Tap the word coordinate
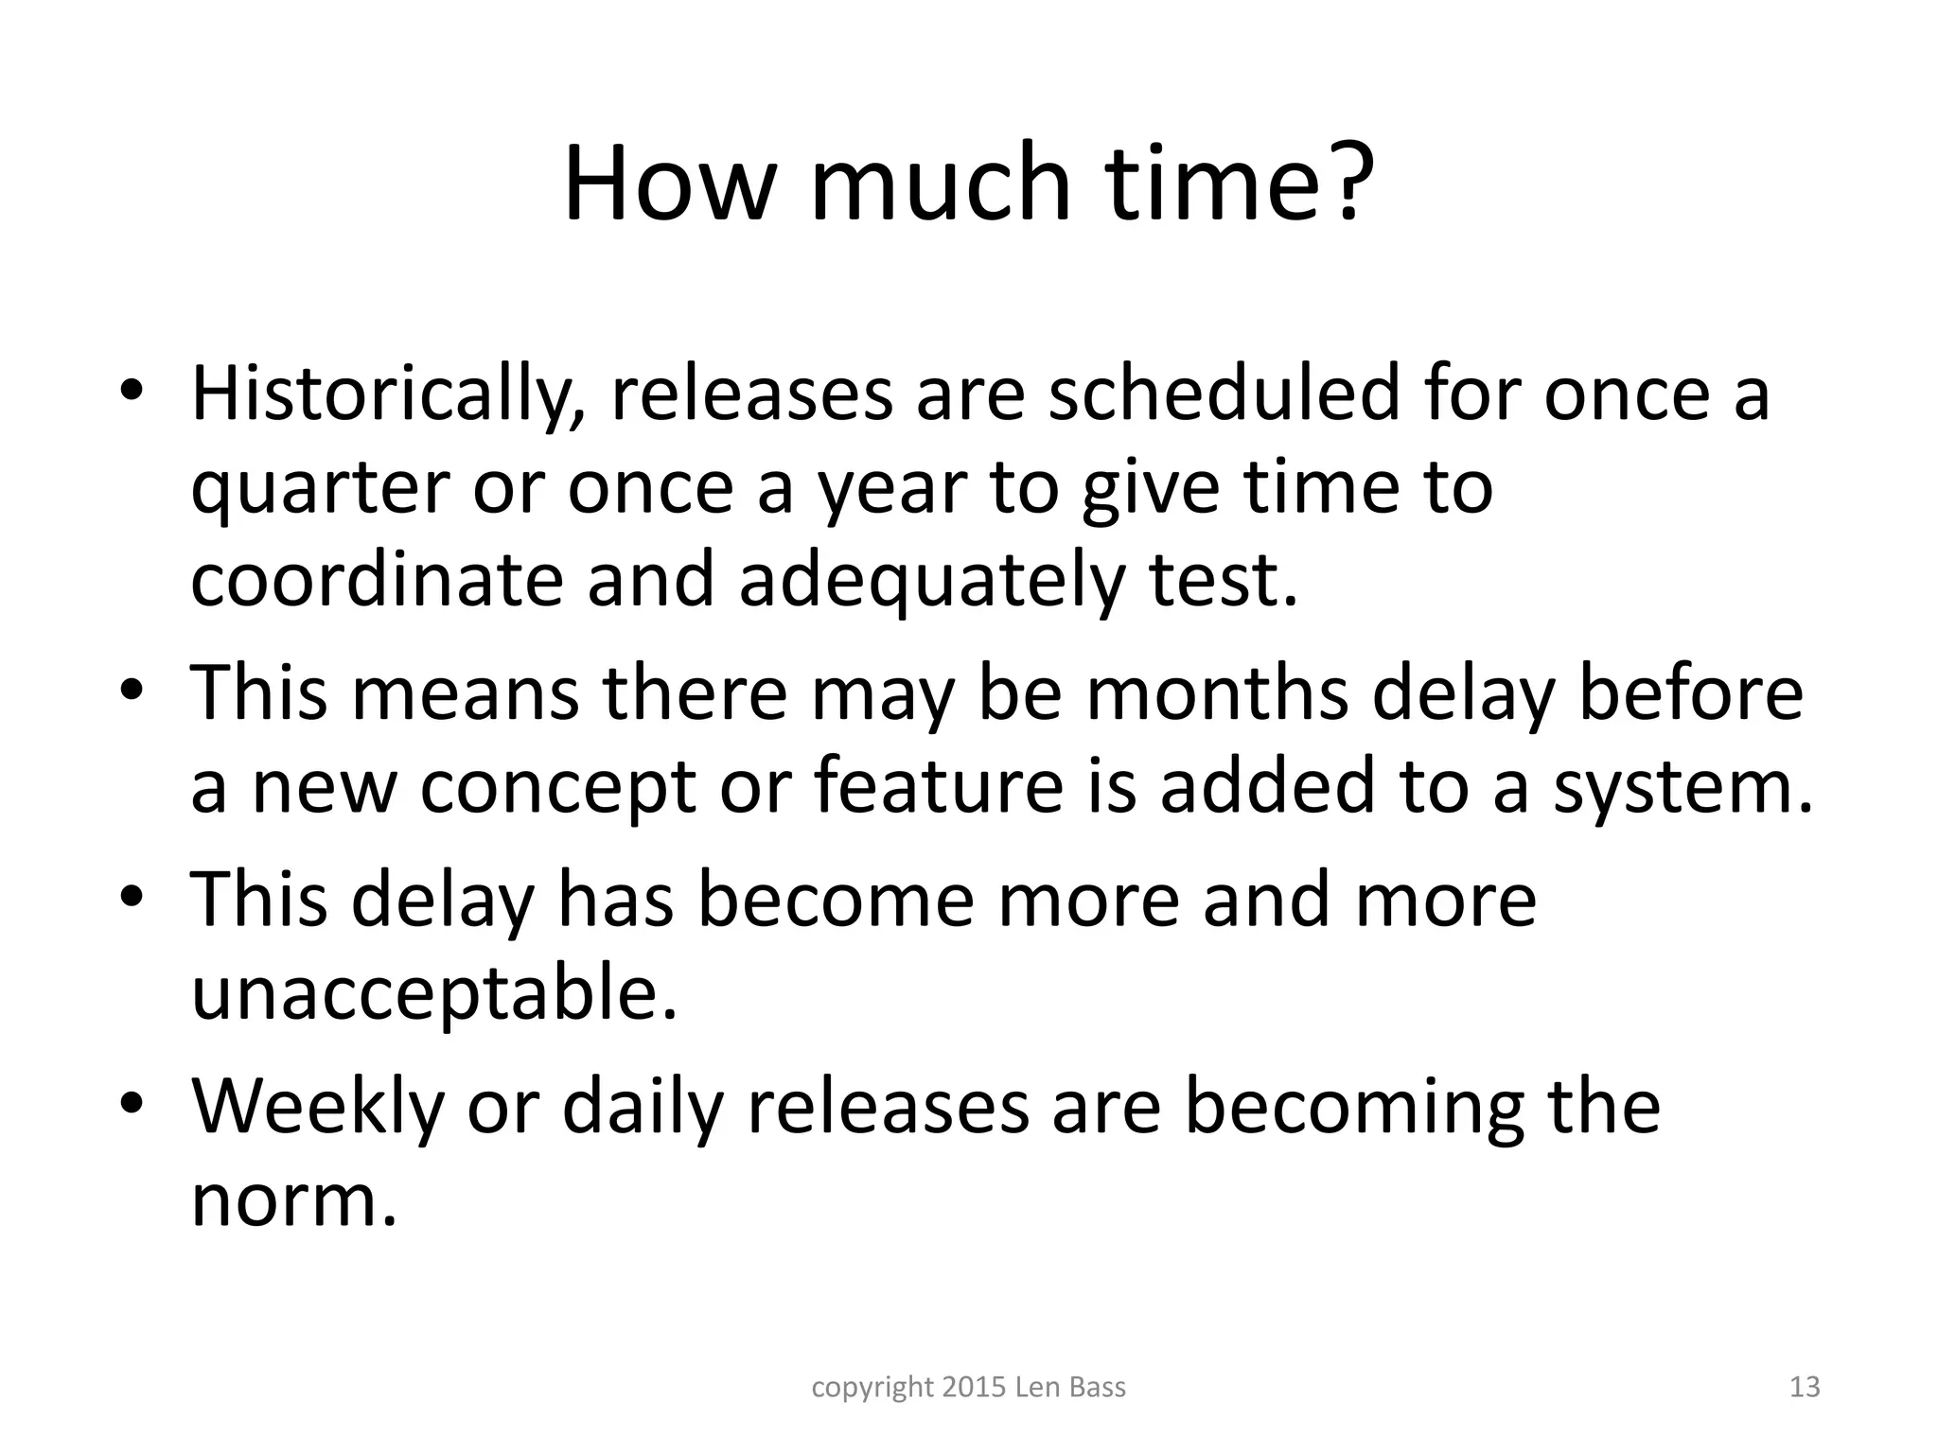coord(377,579)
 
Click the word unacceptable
coord(434,994)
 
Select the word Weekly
coord(318,1107)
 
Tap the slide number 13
coord(1805,1388)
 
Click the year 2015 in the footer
coord(975,1388)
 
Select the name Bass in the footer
coord(1097,1388)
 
